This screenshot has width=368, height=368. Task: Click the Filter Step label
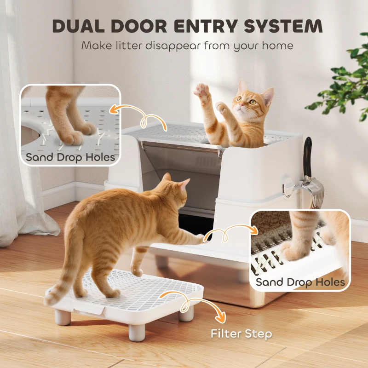pyautogui.click(x=241, y=333)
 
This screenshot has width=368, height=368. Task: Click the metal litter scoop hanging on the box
pyautogui.click(x=313, y=191)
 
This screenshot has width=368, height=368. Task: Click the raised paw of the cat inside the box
pyautogui.click(x=201, y=89)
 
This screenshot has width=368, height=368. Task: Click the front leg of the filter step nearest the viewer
pyautogui.click(x=137, y=331)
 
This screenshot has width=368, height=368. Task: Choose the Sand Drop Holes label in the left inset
pyautogui.click(x=70, y=157)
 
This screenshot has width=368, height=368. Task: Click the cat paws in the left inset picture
pyautogui.click(x=74, y=131)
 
